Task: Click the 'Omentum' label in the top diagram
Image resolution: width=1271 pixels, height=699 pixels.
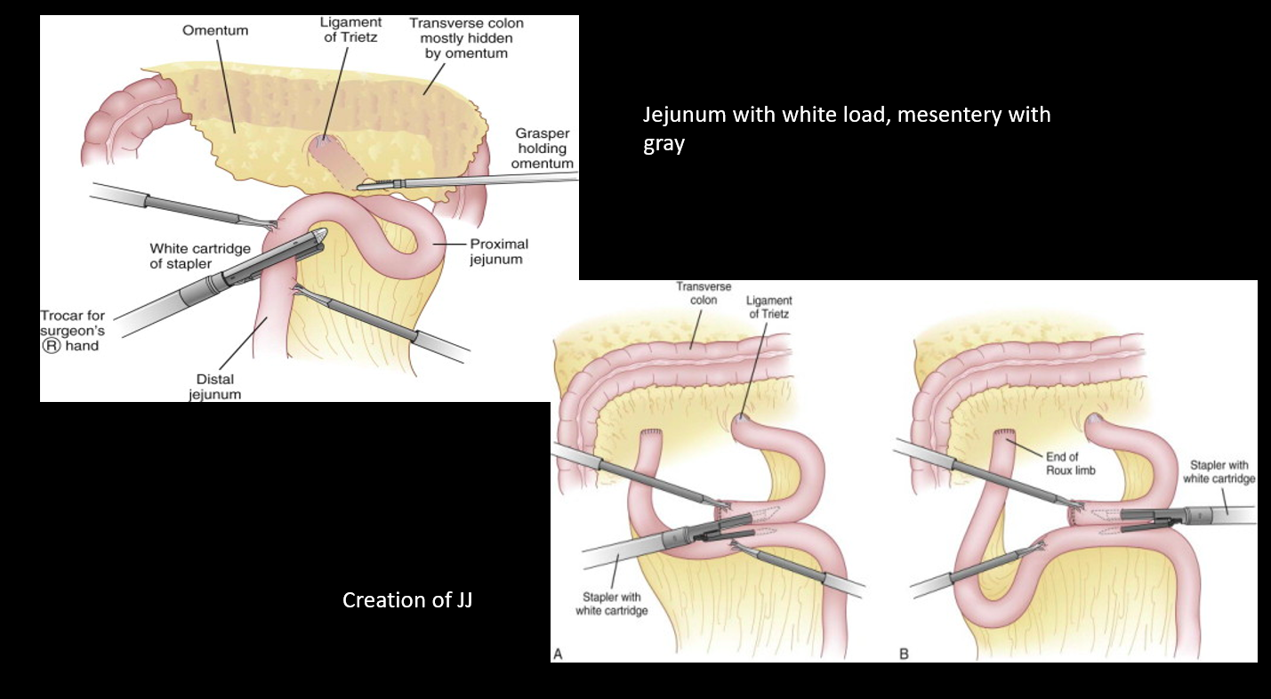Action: click(x=215, y=31)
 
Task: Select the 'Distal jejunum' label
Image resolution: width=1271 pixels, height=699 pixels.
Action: click(x=214, y=387)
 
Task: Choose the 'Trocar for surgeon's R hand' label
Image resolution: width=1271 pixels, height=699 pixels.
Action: click(x=75, y=331)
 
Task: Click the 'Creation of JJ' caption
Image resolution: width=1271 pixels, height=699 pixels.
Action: click(x=407, y=600)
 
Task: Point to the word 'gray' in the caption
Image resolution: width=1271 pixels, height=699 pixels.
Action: click(x=664, y=143)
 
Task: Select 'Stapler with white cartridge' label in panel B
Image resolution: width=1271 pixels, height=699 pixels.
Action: click(x=1219, y=472)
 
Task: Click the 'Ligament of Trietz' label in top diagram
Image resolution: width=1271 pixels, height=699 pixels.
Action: click(x=352, y=29)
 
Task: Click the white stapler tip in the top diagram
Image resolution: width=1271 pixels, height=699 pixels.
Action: click(x=318, y=234)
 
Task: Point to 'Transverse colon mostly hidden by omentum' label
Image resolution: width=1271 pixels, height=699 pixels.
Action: click(x=466, y=38)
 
